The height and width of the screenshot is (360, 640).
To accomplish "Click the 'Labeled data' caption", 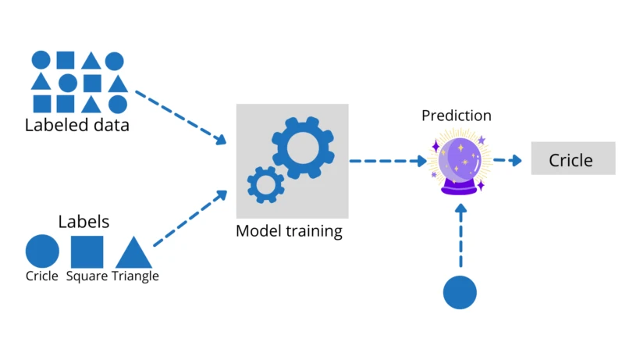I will tap(76, 125).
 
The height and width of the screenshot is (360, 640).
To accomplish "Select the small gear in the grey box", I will tap(265, 184).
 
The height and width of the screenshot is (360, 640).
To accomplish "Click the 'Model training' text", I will tap(289, 231).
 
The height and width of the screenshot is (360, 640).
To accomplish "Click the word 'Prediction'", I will tap(457, 116).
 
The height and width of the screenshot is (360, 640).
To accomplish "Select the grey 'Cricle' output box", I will tap(573, 159).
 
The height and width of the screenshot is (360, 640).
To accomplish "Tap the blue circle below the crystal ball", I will tap(460, 292).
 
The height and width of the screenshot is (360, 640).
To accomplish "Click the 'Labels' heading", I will tap(84, 222).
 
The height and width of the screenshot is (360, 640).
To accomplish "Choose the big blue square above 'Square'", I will tap(87, 251).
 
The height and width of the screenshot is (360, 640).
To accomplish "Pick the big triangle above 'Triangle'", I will tap(133, 254).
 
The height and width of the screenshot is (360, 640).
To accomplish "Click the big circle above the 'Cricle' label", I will tap(42, 251).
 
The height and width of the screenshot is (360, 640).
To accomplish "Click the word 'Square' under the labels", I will tap(87, 276).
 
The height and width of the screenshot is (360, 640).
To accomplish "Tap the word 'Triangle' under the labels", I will tap(135, 276).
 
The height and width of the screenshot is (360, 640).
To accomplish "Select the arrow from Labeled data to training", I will tap(180, 117).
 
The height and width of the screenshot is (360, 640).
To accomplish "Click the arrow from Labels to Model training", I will tap(190, 219).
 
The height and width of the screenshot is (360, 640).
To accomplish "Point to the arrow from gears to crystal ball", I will tap(386, 161).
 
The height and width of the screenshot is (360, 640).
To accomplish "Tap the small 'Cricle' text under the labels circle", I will tap(42, 276).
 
